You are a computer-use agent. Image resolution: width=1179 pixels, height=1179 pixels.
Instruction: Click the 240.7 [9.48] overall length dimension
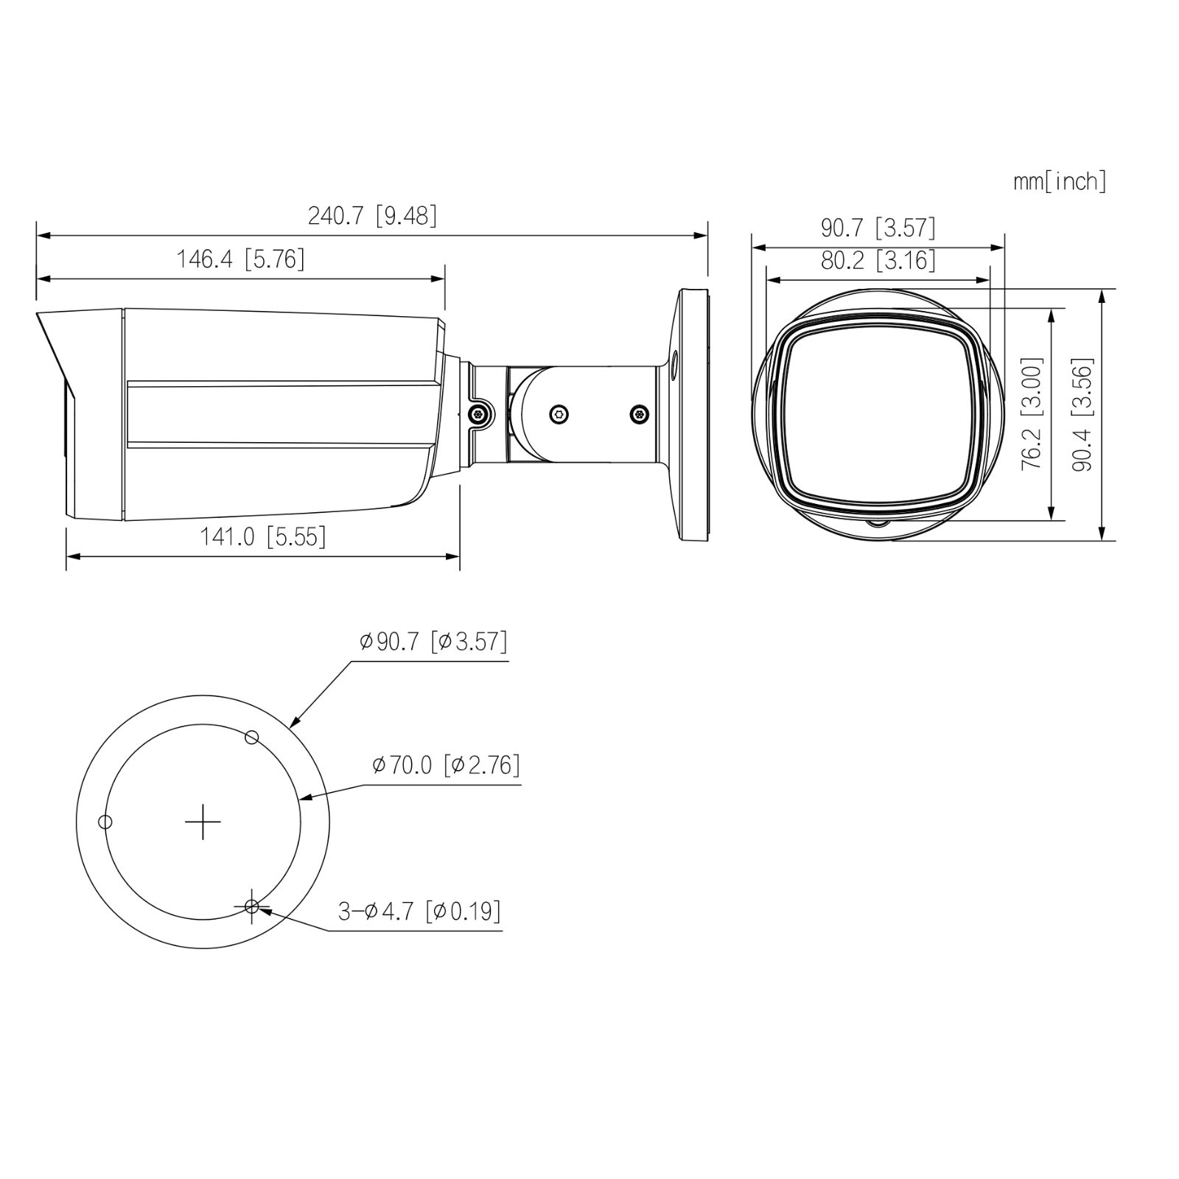tap(372, 215)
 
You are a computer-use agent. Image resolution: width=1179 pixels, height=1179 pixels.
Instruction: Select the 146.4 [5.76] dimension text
tap(240, 259)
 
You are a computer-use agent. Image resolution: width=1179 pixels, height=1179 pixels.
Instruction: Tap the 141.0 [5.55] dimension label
tap(262, 536)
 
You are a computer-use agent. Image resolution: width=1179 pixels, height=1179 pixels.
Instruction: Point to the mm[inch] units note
tap(1060, 181)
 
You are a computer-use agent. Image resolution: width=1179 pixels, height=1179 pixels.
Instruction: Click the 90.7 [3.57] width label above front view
tap(878, 228)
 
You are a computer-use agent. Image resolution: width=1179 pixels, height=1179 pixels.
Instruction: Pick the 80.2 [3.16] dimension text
tap(878, 259)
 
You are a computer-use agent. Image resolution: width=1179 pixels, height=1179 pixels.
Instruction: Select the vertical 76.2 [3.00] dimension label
tap(1032, 414)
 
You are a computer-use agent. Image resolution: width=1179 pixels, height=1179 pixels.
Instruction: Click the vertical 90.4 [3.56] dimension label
tap(1082, 414)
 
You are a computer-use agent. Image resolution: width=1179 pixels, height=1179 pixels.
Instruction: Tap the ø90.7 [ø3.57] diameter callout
tap(433, 641)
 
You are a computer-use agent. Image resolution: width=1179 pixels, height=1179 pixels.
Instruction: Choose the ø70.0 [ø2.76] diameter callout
tap(447, 765)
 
